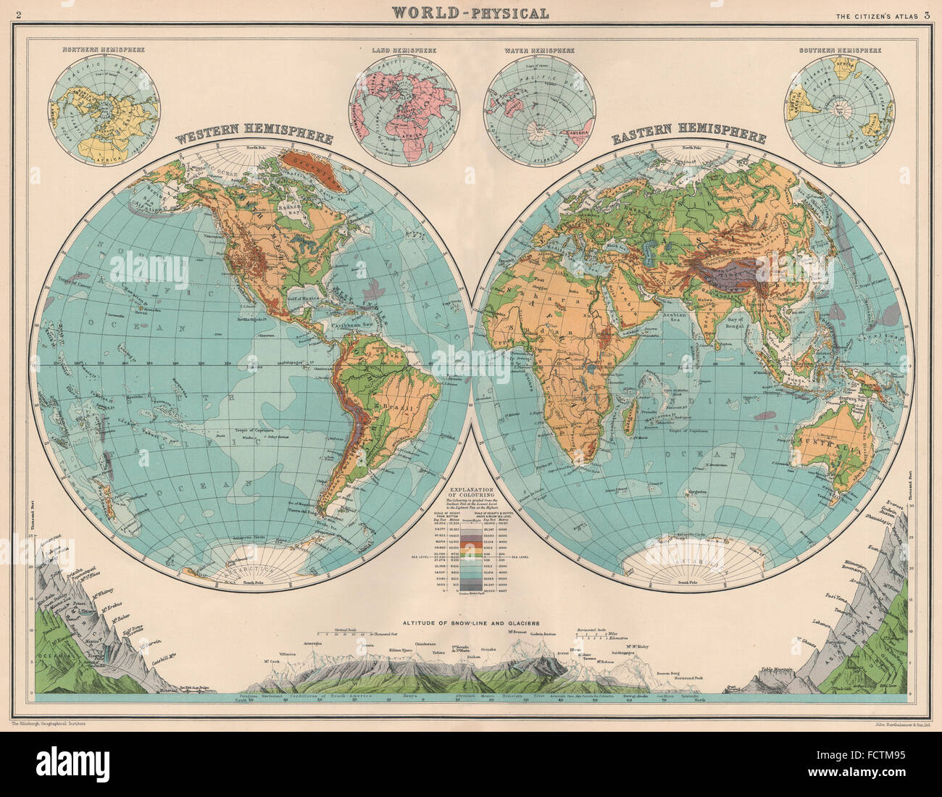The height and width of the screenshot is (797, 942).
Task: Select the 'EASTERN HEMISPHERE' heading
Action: pyautogui.click(x=690, y=137)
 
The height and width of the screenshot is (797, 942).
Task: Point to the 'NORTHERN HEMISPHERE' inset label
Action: pyautogui.click(x=103, y=51)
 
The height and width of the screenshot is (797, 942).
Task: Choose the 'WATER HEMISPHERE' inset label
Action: pyautogui.click(x=539, y=51)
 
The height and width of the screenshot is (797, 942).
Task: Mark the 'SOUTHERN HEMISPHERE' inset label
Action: pyautogui.click(x=840, y=51)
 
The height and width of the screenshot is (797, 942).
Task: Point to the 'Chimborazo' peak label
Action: pyautogui.click(x=428, y=643)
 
